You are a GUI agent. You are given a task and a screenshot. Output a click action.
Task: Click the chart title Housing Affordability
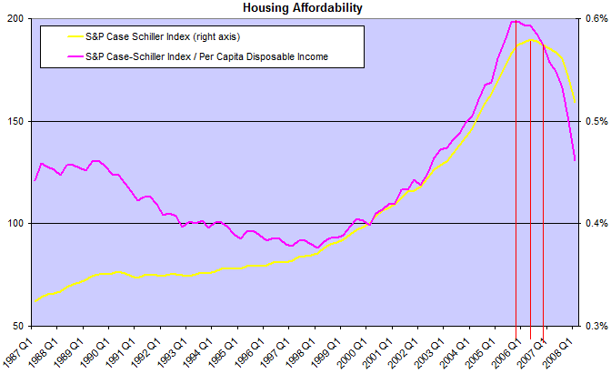[x=303, y=7]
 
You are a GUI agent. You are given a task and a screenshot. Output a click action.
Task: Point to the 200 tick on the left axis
[x=16, y=19]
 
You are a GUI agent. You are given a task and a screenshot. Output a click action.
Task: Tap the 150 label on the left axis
[x=16, y=121]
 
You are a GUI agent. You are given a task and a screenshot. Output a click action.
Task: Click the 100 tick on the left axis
[x=16, y=224]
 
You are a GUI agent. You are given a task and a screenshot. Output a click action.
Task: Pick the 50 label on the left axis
[x=18, y=326]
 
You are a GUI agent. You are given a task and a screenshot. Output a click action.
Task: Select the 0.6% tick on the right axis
[x=596, y=19]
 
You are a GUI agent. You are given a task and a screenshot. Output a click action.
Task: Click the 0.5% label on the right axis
[x=596, y=121]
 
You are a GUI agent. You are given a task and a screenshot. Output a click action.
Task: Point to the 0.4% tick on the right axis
[x=596, y=224]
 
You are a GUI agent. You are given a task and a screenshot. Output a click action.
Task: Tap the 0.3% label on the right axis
[x=596, y=326]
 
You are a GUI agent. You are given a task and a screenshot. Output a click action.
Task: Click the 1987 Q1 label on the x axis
[x=18, y=353]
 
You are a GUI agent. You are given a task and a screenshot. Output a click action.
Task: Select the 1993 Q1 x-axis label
[x=173, y=353]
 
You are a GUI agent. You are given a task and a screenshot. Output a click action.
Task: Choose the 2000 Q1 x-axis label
[x=353, y=353]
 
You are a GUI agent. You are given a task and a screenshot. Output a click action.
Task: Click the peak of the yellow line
[x=531, y=40]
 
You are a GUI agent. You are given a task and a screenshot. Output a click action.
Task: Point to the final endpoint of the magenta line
[x=575, y=160]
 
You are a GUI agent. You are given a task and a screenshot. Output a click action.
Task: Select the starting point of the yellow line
[x=35, y=301]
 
